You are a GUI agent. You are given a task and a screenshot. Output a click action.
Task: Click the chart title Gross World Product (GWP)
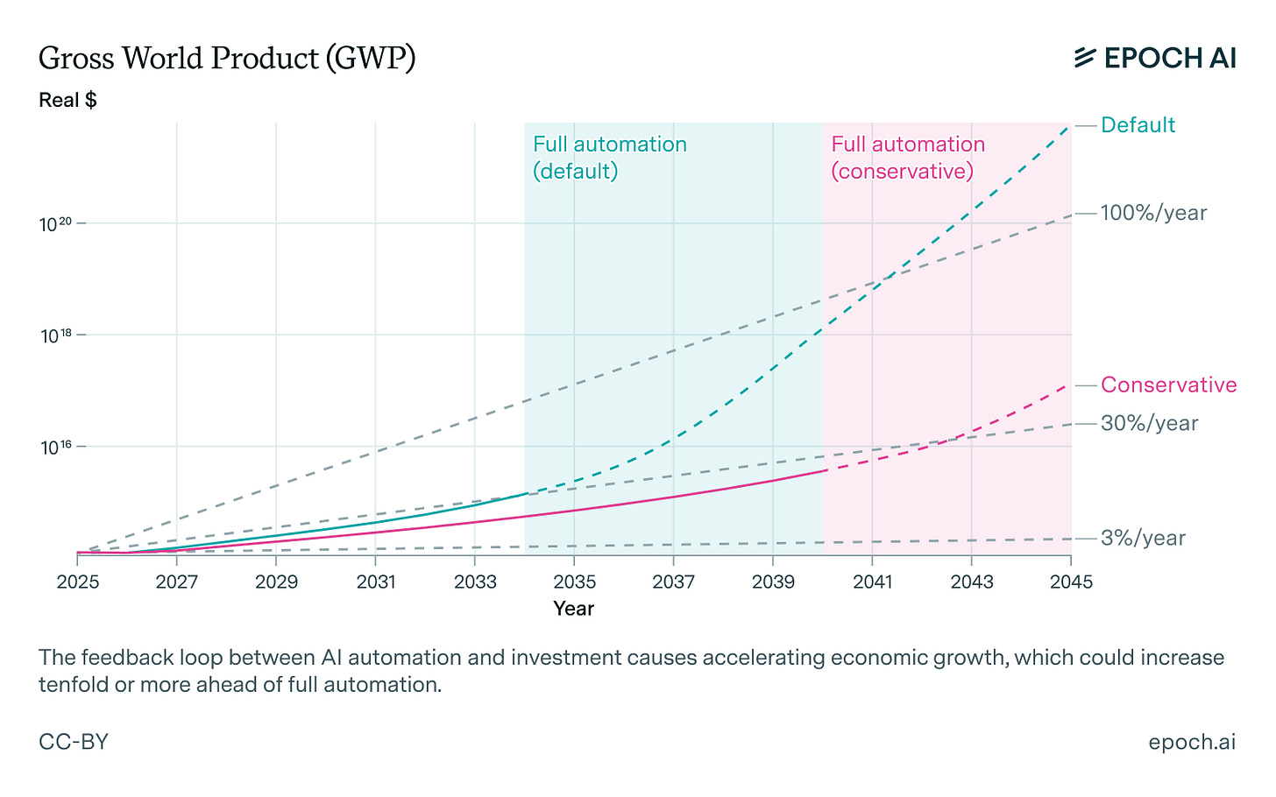click(x=227, y=59)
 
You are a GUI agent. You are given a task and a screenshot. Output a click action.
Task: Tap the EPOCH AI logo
click(x=1155, y=58)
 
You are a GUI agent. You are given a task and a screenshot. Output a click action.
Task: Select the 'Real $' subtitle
click(x=67, y=100)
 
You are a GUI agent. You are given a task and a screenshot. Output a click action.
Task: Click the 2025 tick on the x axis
click(x=77, y=582)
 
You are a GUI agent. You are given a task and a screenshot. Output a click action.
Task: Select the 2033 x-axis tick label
click(x=474, y=582)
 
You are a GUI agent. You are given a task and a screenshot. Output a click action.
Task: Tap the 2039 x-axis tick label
click(x=772, y=582)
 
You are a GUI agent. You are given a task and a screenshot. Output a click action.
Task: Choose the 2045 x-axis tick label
click(x=1070, y=582)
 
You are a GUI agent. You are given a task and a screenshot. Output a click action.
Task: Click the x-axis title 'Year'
click(x=573, y=609)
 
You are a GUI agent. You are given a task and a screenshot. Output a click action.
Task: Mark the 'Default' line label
click(x=1138, y=125)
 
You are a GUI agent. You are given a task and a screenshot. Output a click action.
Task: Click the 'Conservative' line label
click(x=1168, y=385)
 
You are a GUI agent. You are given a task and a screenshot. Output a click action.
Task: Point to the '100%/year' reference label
click(x=1153, y=213)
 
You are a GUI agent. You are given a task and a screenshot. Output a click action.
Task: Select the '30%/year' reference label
click(x=1149, y=423)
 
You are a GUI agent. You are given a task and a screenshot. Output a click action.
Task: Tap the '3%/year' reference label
click(x=1143, y=538)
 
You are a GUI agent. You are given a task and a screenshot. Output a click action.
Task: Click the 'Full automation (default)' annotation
click(x=609, y=158)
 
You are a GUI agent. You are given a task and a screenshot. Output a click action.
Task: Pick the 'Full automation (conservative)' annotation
click(x=907, y=158)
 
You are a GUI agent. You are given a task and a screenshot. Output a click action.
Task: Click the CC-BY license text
click(x=74, y=742)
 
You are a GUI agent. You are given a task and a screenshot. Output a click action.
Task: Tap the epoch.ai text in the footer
click(x=1192, y=742)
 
